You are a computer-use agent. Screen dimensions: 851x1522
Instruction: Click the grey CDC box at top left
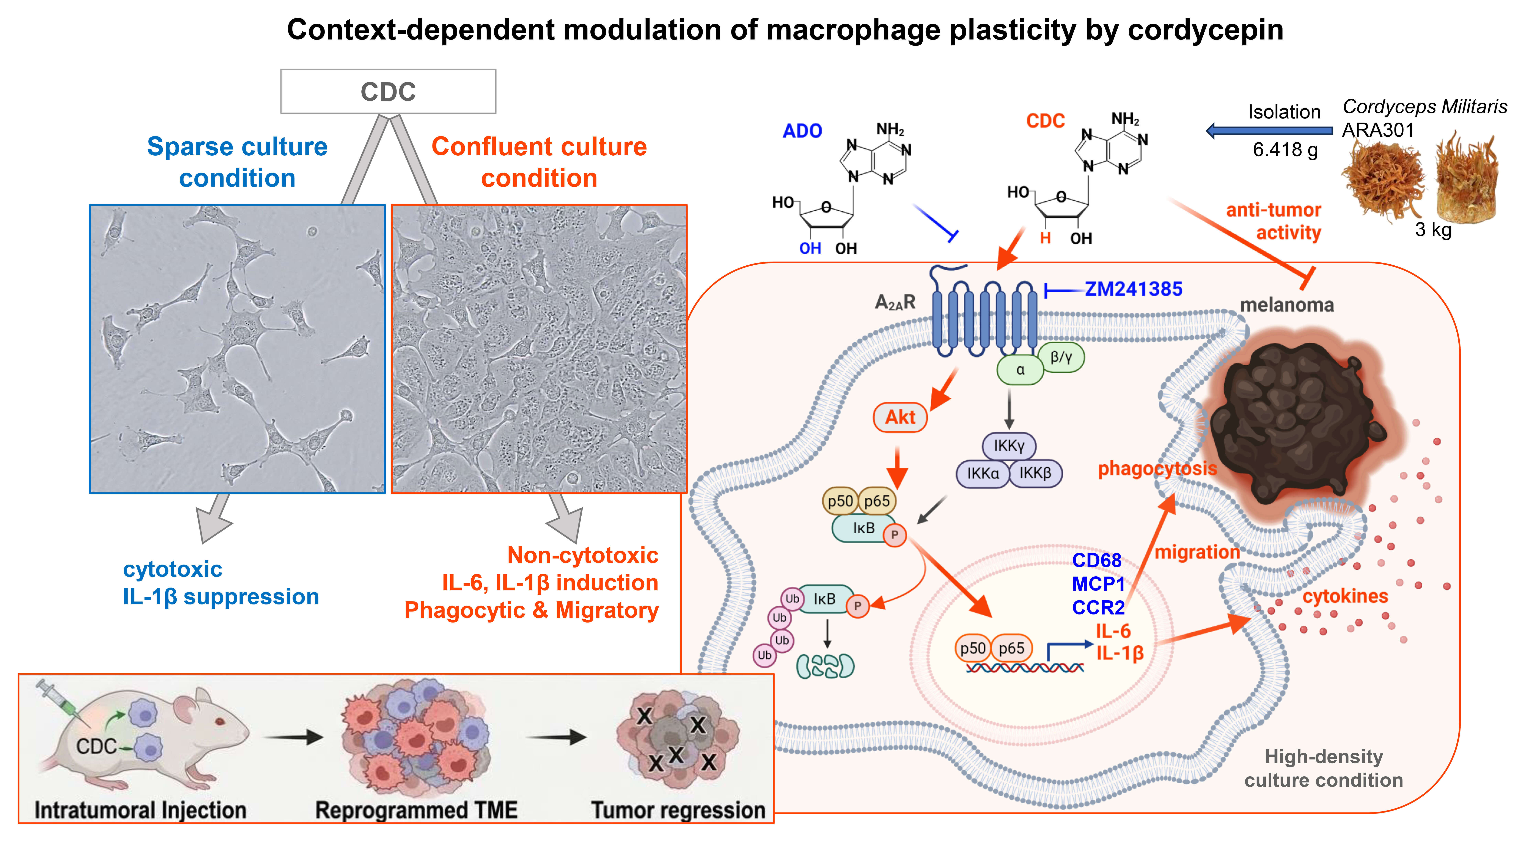388,92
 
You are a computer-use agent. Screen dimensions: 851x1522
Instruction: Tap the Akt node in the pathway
900,417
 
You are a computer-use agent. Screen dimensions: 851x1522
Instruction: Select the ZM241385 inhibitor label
1133,289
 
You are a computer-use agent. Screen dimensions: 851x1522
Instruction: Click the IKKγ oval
1009,446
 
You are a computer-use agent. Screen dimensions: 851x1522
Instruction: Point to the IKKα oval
983,473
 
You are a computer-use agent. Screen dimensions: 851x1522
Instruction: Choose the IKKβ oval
1035,473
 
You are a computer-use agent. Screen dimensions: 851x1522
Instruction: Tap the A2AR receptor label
894,303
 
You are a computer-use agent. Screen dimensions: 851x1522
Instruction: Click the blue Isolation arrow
1269,131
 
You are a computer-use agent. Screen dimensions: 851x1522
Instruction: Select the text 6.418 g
1285,150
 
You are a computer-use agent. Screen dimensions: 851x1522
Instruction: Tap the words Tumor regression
678,810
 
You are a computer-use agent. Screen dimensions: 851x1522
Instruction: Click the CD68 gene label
1097,560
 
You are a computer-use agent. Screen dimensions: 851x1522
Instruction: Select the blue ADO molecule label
802,131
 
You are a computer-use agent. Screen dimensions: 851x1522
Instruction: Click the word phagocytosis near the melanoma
1157,469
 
